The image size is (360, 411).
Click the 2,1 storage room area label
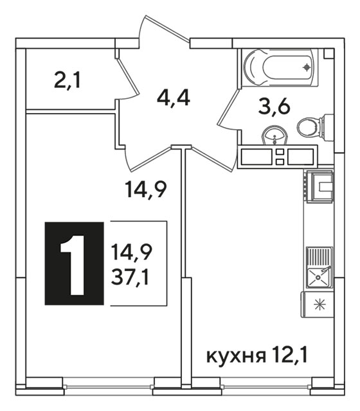click(x=67, y=81)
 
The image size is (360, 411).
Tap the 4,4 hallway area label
click(x=174, y=98)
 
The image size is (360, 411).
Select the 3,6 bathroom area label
click(x=274, y=107)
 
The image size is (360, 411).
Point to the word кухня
click(x=236, y=356)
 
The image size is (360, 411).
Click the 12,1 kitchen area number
click(x=290, y=354)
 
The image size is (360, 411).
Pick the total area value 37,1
click(x=130, y=278)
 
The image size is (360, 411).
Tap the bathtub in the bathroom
click(x=281, y=67)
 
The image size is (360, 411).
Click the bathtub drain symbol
click(x=307, y=67)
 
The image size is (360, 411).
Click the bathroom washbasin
click(x=275, y=136)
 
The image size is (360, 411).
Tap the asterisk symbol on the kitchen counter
click(x=320, y=304)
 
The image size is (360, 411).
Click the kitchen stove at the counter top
click(x=319, y=186)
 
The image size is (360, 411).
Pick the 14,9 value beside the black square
click(x=131, y=251)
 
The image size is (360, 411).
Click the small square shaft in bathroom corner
click(x=328, y=53)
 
